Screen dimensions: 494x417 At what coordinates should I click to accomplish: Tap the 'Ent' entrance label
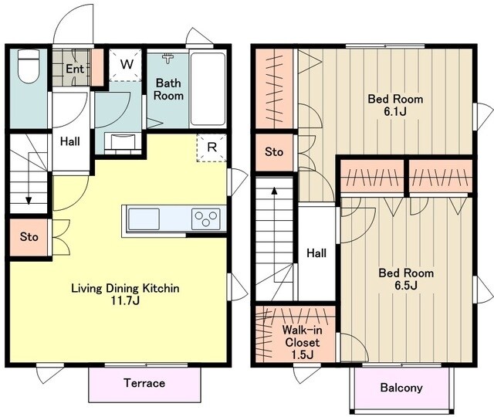[x=75, y=69]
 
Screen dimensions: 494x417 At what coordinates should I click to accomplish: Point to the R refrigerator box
[x=211, y=147]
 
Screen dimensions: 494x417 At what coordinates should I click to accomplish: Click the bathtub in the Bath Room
[x=208, y=89]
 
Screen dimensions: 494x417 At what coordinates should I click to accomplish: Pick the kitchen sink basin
[x=144, y=219]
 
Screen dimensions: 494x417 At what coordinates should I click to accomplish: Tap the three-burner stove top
[x=206, y=219]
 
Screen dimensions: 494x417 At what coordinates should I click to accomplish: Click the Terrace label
[x=144, y=383]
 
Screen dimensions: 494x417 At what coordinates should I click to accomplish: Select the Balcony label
[x=401, y=388]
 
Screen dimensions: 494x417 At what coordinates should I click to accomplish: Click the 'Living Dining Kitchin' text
[x=125, y=288]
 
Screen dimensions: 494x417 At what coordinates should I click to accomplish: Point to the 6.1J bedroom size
[x=395, y=111]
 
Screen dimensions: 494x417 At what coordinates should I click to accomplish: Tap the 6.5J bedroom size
[x=406, y=285]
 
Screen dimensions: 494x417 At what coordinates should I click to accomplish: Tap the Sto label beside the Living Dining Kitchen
[x=29, y=237]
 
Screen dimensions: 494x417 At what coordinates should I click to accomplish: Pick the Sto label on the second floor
[x=274, y=152]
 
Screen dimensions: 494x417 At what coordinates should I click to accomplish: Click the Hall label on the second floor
[x=316, y=253]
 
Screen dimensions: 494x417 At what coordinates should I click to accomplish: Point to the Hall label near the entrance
[x=70, y=141]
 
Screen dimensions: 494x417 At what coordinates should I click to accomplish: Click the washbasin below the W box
[x=123, y=143]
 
